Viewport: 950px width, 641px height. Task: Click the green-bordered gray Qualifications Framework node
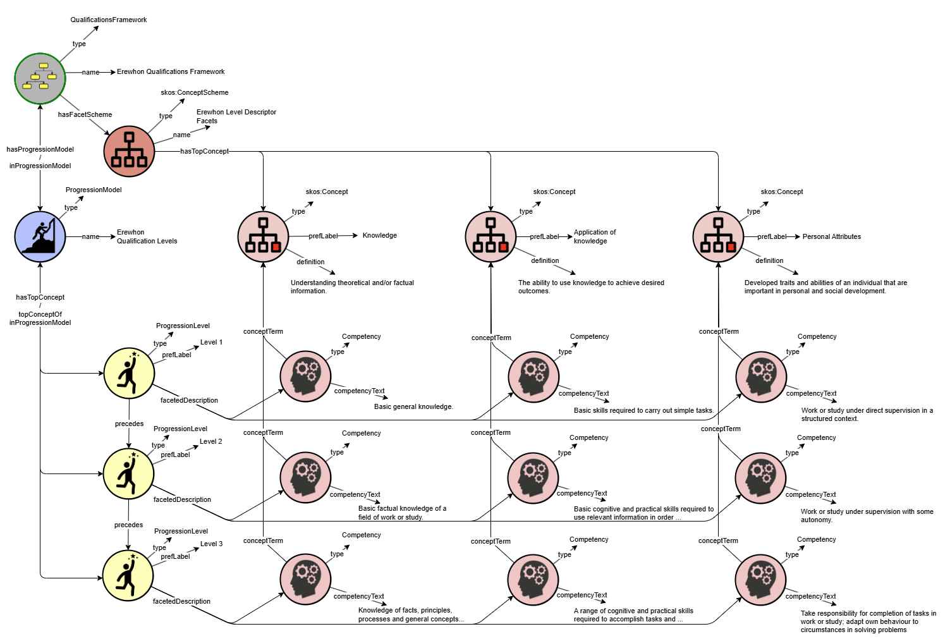point(40,78)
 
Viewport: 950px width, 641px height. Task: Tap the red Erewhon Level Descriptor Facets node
point(129,151)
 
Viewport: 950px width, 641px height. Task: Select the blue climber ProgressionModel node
point(40,236)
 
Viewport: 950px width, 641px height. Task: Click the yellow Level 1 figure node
point(129,373)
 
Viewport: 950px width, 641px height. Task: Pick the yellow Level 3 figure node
point(128,575)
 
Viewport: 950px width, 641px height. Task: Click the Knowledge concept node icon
point(263,236)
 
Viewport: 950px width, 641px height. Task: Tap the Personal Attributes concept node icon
point(718,236)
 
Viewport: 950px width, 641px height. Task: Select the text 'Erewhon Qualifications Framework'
point(171,71)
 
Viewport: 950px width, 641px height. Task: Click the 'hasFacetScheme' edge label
point(85,114)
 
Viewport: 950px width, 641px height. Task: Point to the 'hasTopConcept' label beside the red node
point(204,151)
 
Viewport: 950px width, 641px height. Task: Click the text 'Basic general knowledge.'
point(413,406)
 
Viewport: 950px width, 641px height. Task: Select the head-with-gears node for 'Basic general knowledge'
point(305,377)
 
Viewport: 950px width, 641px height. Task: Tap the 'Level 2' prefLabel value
point(211,441)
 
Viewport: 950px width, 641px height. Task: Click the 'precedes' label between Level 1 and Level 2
point(129,424)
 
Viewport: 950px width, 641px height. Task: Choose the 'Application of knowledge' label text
point(594,236)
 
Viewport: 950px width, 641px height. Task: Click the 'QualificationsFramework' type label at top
point(109,20)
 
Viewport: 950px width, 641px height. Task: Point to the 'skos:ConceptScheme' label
point(194,92)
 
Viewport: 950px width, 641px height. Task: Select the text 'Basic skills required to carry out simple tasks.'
point(643,410)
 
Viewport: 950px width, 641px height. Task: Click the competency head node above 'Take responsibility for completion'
point(760,579)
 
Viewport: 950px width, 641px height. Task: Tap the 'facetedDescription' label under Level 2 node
point(182,499)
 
